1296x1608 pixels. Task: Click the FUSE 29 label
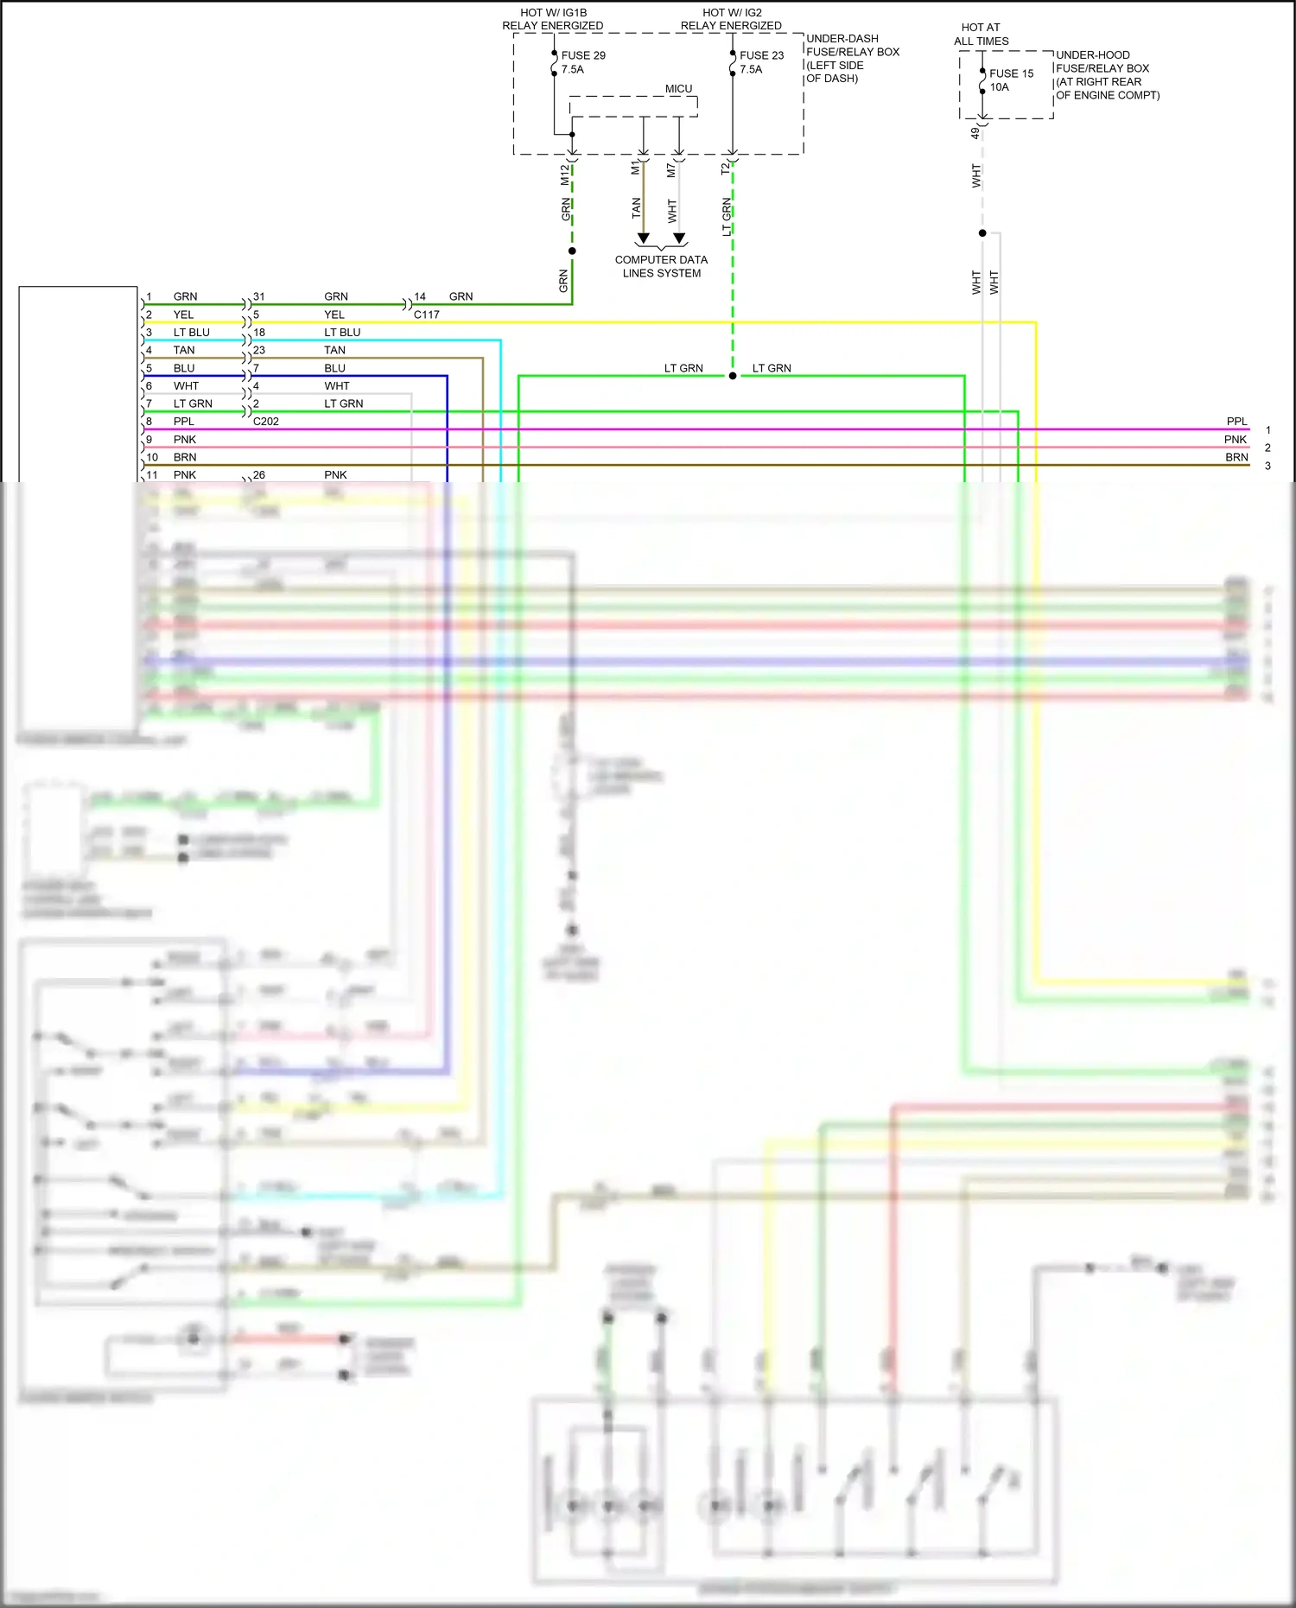click(x=583, y=55)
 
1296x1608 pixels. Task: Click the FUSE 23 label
click(x=761, y=55)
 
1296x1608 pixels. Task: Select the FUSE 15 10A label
click(x=1011, y=80)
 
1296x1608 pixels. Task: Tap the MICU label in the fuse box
click(x=678, y=89)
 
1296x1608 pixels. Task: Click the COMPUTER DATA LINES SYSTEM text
click(x=661, y=266)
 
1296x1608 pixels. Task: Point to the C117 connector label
click(x=427, y=315)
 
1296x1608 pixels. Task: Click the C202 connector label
click(x=266, y=422)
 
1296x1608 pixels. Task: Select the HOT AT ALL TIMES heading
click(x=981, y=35)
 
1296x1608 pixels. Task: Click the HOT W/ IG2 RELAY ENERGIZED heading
click(x=731, y=19)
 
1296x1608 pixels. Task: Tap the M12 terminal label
click(x=565, y=175)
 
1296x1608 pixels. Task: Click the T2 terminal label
click(x=725, y=169)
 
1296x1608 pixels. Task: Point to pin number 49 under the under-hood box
click(x=975, y=133)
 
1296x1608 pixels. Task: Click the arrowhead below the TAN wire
click(x=643, y=238)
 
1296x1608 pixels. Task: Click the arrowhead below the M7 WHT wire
click(x=679, y=238)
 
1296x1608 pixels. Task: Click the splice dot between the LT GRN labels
click(x=733, y=376)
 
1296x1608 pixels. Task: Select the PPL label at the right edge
click(x=1236, y=422)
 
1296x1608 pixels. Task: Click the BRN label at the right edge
click(x=1236, y=457)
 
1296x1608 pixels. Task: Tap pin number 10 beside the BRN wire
click(x=152, y=457)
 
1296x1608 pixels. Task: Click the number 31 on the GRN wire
click(x=259, y=296)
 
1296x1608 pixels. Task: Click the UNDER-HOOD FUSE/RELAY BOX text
click(x=1102, y=61)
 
